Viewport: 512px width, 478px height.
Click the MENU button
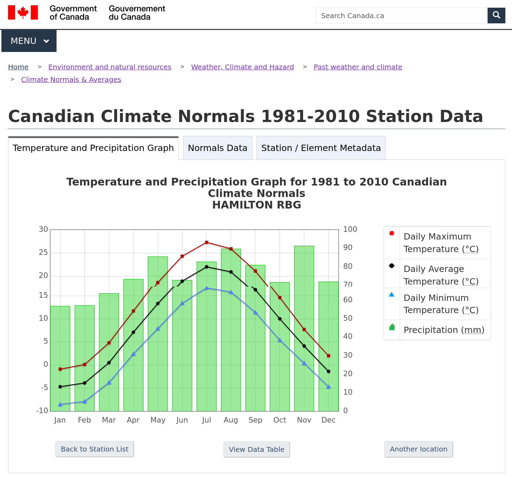(29, 41)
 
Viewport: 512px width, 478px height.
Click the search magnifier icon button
(496, 15)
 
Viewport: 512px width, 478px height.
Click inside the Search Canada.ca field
(401, 16)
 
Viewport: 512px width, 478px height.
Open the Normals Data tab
(217, 148)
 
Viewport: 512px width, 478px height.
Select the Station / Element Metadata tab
(321, 148)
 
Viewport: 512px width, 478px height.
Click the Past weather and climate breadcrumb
(358, 67)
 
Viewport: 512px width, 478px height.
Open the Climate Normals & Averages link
(71, 79)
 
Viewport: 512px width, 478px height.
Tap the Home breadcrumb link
(18, 67)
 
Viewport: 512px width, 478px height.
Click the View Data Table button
(257, 449)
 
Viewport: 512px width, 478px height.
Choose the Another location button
(418, 449)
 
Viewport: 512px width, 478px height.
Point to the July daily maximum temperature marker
(207, 242)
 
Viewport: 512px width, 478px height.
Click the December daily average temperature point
(328, 371)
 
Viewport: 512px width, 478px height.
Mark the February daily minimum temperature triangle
(84, 402)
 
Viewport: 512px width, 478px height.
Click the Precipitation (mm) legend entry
(444, 330)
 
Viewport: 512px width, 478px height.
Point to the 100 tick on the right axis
(350, 229)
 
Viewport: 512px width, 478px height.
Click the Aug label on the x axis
(231, 420)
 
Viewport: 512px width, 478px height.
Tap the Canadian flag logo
(23, 13)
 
